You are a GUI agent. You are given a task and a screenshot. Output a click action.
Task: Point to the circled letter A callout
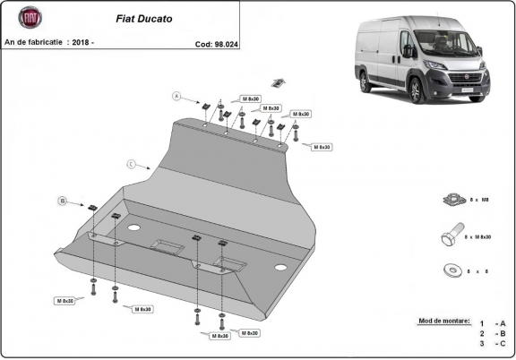pyautogui.click(x=177, y=96)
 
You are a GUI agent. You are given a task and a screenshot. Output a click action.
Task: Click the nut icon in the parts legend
pyautogui.click(x=451, y=201)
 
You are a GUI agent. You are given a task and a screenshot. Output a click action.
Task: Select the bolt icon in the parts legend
pyautogui.click(x=451, y=237)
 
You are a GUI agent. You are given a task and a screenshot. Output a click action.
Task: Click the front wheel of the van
pyautogui.click(x=417, y=91)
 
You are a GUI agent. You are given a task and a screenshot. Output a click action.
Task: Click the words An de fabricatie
pyautogui.click(x=34, y=42)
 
